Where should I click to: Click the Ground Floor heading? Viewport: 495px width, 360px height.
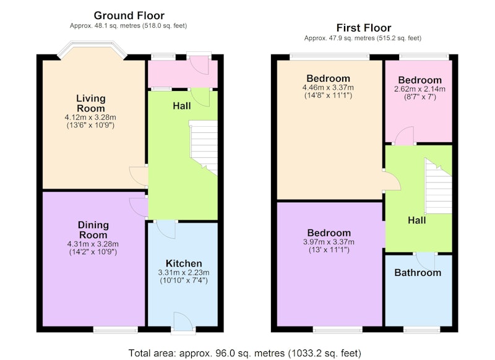(x=129, y=15)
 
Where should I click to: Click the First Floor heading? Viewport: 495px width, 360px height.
(x=364, y=28)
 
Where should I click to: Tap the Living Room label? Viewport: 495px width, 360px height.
(x=90, y=103)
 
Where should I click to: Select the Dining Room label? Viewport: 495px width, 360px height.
(x=93, y=229)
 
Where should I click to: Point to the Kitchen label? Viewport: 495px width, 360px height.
(x=184, y=264)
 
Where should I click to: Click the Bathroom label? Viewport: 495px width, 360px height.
(x=418, y=273)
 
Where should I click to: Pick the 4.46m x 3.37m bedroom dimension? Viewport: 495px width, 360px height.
(x=328, y=88)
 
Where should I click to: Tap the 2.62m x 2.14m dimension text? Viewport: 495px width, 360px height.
(x=420, y=89)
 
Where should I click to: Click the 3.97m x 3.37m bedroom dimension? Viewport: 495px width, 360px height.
(x=329, y=242)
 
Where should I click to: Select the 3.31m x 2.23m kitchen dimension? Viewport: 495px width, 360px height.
(x=184, y=273)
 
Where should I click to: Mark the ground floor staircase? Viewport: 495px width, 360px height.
(x=204, y=147)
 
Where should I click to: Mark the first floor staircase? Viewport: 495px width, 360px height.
(x=438, y=186)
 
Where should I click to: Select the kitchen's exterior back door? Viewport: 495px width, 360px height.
(x=183, y=322)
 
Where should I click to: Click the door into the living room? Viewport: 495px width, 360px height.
(x=139, y=176)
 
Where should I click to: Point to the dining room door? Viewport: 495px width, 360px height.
(x=139, y=207)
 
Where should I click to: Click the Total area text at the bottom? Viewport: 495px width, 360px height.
(x=244, y=353)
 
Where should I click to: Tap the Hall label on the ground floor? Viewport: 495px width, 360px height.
(x=182, y=106)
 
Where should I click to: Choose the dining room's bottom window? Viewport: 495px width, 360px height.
(x=116, y=330)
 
